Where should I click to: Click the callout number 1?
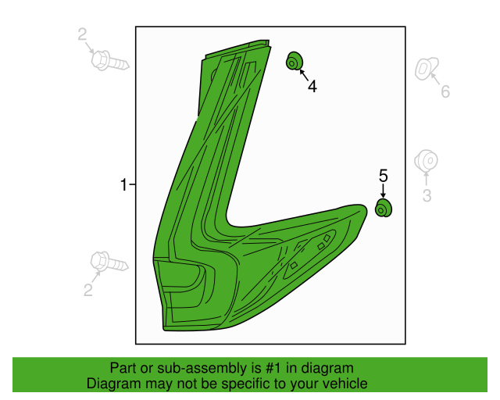[123, 185]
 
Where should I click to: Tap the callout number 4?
[312, 87]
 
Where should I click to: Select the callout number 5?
[384, 176]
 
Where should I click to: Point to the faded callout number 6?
[445, 91]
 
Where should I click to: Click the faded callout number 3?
[427, 195]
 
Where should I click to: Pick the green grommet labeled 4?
[295, 61]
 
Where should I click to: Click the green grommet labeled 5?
[384, 208]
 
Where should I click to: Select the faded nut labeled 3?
[426, 161]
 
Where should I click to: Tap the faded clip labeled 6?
[427, 69]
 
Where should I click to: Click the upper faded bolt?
[110, 61]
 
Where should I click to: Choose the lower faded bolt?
[109, 262]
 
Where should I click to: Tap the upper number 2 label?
[82, 34]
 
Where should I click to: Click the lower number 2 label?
[88, 290]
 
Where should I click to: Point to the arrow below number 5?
[384, 191]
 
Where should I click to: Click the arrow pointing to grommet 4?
[304, 75]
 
